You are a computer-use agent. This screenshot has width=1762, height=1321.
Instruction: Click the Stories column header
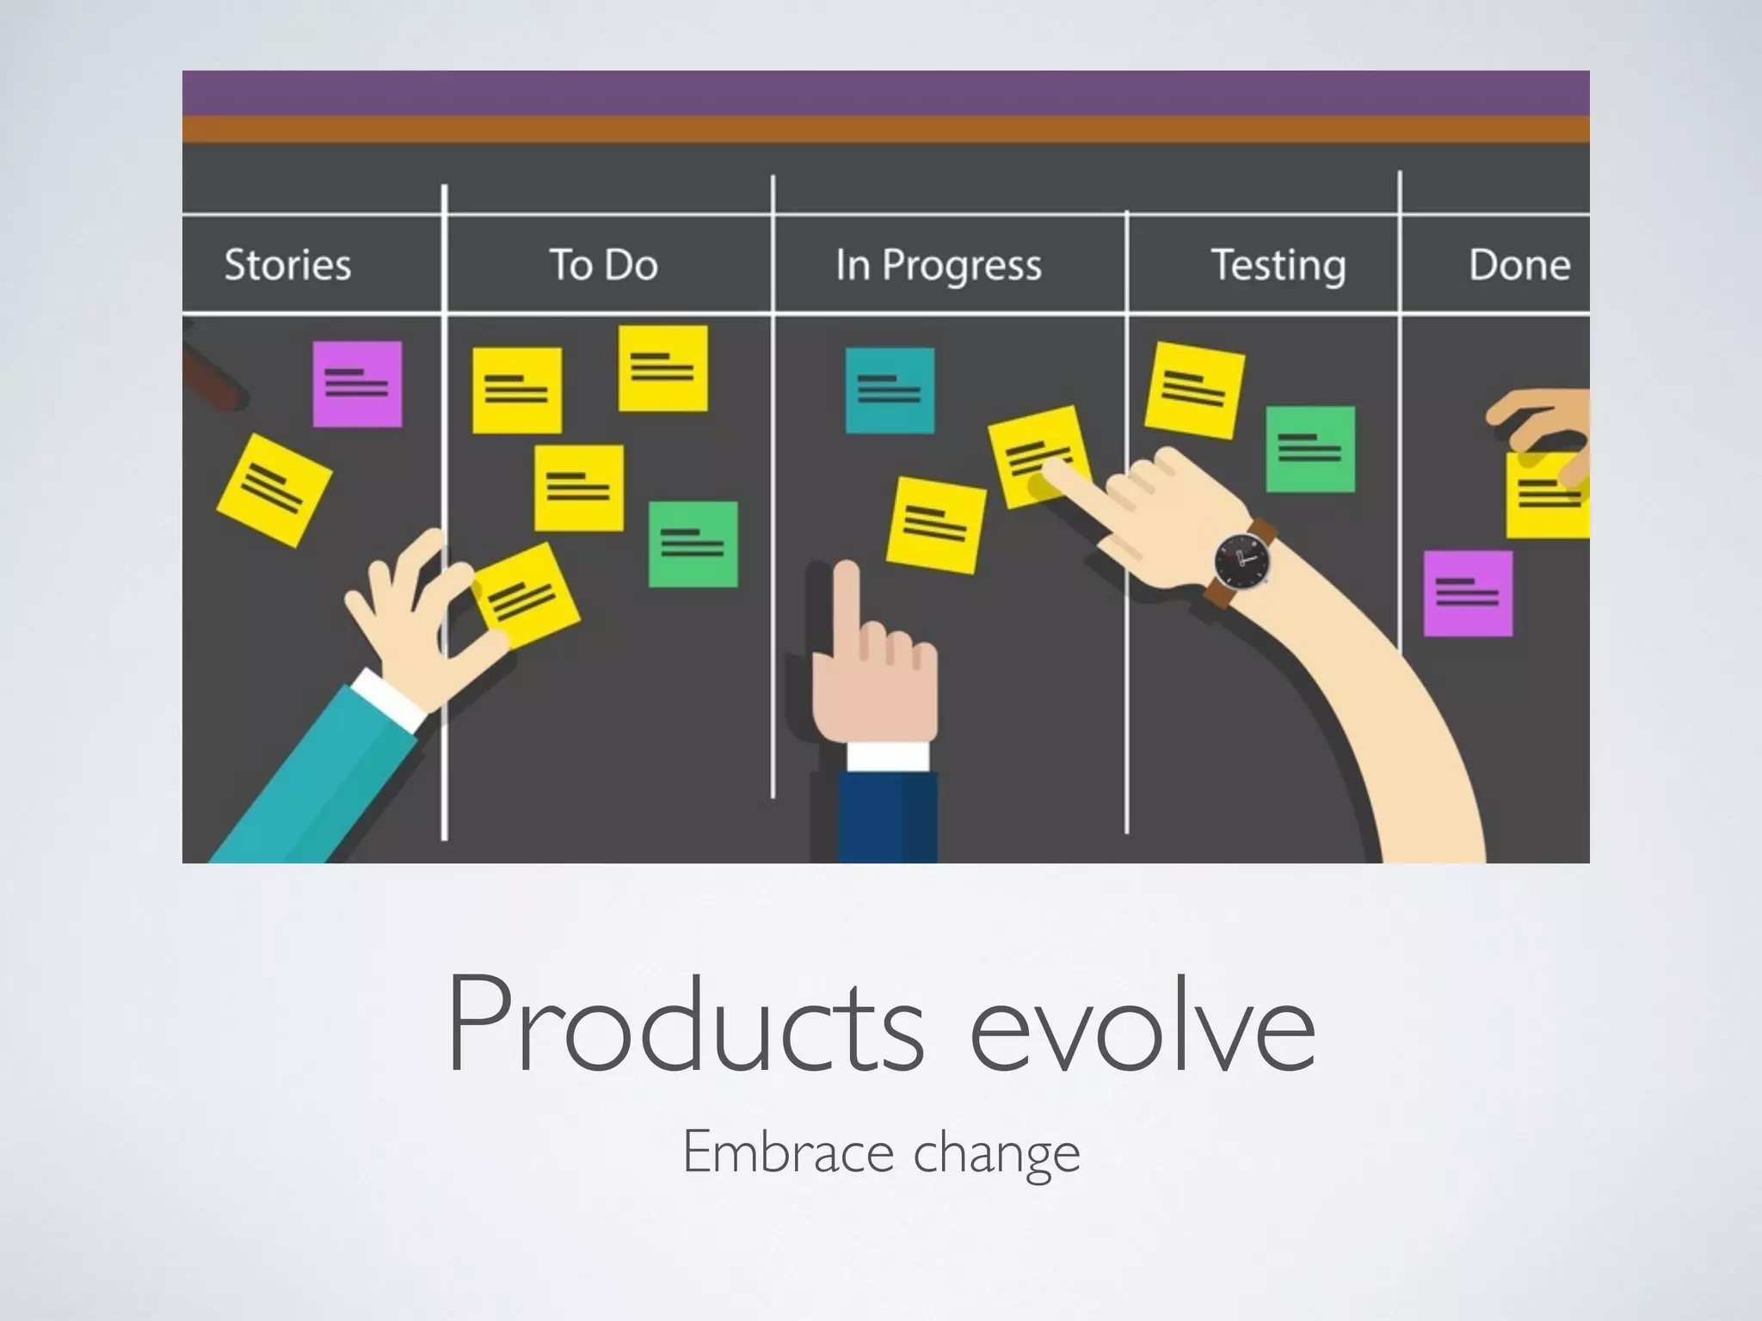point(287,264)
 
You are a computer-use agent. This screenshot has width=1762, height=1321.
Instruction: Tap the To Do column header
point(603,264)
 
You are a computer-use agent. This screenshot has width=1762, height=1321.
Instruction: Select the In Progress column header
point(938,265)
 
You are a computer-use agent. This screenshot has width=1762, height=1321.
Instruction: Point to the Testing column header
point(1278,265)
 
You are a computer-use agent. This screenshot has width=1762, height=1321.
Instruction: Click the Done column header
point(1519,264)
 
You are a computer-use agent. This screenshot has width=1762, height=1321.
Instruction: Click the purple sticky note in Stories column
point(357,384)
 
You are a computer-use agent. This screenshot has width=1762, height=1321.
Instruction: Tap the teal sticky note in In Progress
point(890,390)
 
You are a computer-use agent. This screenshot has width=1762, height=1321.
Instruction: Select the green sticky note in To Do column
point(693,544)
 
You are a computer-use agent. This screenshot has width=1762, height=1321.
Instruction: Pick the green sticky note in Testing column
point(1309,449)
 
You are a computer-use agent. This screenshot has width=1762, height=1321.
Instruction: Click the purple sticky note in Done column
point(1468,593)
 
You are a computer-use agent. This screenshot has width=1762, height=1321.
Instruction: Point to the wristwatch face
point(1241,560)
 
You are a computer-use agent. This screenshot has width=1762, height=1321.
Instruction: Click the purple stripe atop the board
point(885,93)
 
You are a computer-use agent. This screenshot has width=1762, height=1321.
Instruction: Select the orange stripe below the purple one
point(885,129)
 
